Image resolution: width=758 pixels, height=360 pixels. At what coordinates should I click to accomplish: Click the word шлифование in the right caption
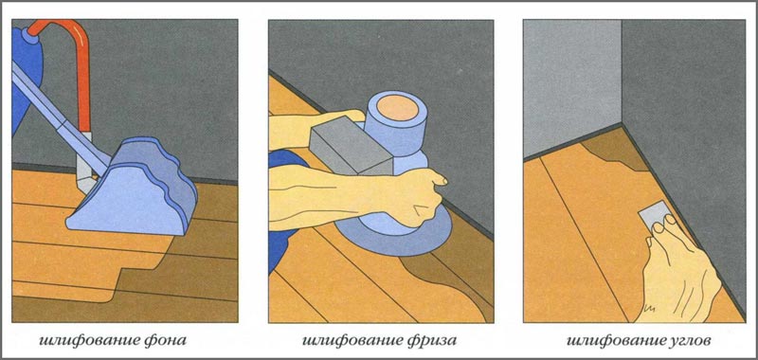pos(603,340)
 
